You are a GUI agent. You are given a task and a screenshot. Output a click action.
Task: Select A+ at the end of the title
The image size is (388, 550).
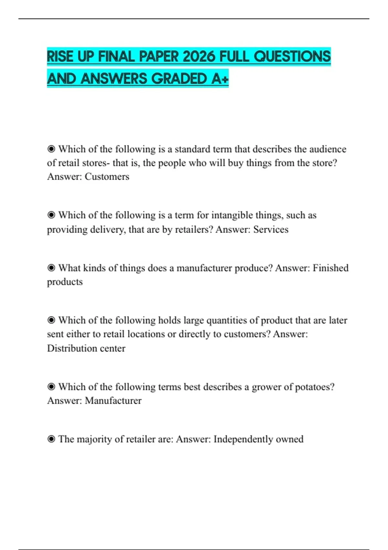click(x=220, y=79)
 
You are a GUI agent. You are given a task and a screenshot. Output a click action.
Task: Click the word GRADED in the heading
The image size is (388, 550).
click(x=179, y=79)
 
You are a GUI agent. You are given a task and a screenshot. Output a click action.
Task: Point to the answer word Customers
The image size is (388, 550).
click(x=107, y=177)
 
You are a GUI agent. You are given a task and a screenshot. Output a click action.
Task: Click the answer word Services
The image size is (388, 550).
click(x=271, y=229)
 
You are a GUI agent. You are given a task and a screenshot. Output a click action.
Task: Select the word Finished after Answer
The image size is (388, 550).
click(x=330, y=268)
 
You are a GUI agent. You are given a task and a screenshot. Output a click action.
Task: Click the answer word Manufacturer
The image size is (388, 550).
click(x=113, y=401)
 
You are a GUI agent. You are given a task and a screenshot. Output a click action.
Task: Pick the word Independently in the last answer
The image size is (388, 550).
click(x=243, y=439)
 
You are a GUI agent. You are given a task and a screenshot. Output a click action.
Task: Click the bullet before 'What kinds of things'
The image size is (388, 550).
click(x=51, y=268)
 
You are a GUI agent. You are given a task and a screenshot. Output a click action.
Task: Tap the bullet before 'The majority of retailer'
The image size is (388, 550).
click(x=51, y=439)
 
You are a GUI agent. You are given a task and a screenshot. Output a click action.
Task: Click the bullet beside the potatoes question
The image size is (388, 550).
click(x=51, y=387)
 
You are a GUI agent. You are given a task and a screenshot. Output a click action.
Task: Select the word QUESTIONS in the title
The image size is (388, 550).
click(x=292, y=57)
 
